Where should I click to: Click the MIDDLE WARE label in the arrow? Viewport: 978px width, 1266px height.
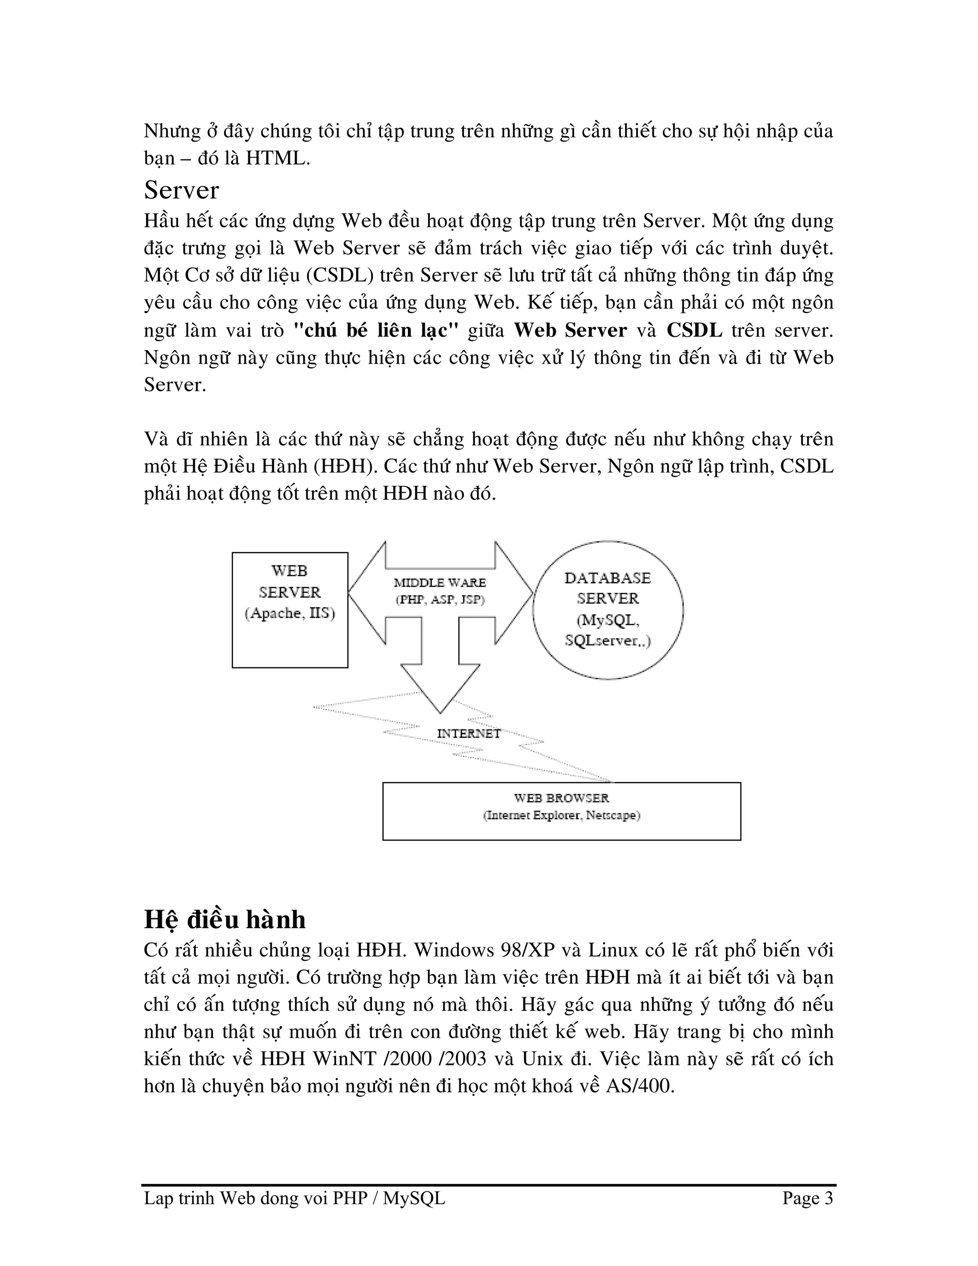point(440,582)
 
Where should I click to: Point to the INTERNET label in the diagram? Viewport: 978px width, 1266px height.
point(468,733)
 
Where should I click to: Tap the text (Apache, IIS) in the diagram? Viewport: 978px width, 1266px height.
point(290,613)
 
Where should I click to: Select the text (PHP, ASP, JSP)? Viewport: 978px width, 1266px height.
point(440,600)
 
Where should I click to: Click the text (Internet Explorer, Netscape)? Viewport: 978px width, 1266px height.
point(562,815)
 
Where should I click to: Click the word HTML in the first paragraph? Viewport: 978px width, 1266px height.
point(275,158)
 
